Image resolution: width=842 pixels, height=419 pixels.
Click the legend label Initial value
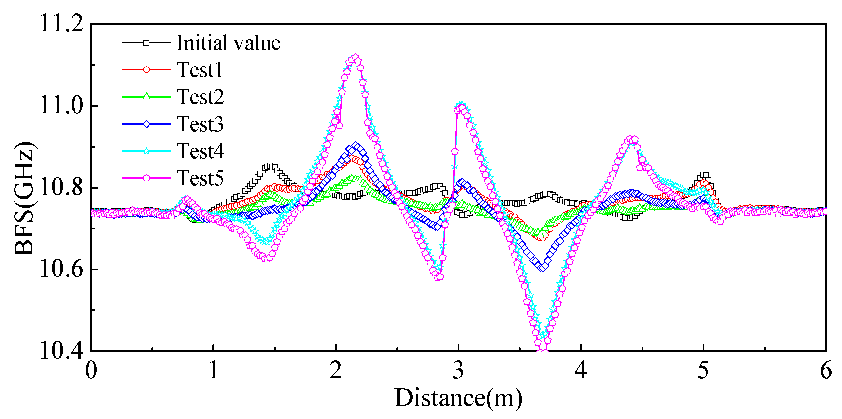click(228, 43)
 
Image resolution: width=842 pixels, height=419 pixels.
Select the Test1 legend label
click(200, 70)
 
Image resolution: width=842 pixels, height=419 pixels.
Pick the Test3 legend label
click(200, 124)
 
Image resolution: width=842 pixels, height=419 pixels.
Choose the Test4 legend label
click(200, 151)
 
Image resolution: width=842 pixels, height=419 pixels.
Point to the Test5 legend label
click(200, 178)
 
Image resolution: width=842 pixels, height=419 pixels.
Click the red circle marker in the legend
click(146, 70)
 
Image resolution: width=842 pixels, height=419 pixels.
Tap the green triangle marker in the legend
click(146, 97)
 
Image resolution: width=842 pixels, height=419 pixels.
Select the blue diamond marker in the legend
click(146, 124)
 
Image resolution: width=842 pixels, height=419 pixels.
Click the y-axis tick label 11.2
click(61, 24)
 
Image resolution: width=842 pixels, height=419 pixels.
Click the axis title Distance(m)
click(458, 398)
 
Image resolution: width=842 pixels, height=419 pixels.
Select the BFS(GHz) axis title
click(24, 199)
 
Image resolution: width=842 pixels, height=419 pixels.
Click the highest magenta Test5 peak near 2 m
click(355, 58)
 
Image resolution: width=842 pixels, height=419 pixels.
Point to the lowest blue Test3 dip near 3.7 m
click(543, 267)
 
